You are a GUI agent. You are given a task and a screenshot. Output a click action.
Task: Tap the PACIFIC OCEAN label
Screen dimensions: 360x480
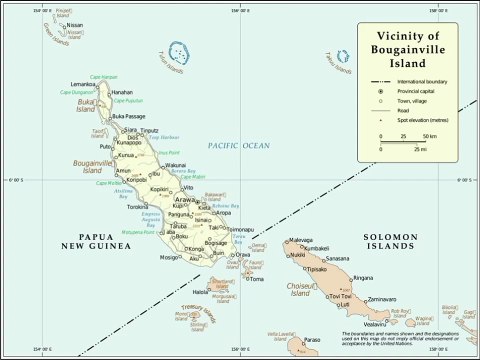[x=239, y=146]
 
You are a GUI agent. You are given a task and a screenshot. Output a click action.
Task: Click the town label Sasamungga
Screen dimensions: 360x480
[x=344, y=259]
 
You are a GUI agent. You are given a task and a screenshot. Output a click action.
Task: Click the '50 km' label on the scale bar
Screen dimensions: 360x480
[x=429, y=135]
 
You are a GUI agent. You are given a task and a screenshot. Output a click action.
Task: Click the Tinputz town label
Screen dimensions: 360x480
[x=149, y=131]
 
